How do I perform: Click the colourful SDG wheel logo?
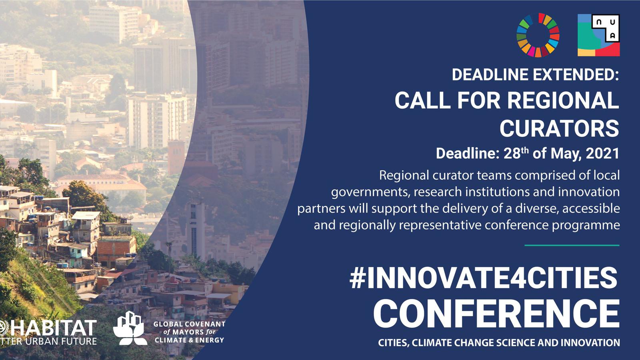(x=538, y=35)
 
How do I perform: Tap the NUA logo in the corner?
(x=598, y=35)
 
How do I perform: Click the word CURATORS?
(x=559, y=128)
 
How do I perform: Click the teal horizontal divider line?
(x=572, y=245)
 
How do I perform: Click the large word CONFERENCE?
(x=496, y=314)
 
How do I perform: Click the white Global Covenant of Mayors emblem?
(x=130, y=328)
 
